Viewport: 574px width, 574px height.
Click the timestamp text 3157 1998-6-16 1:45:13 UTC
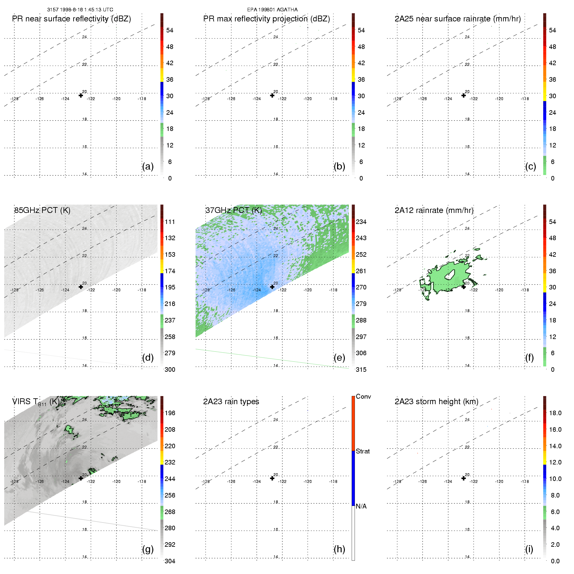[80, 10]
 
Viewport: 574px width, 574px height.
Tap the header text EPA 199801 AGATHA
[272, 10]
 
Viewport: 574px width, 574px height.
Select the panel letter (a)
[148, 167]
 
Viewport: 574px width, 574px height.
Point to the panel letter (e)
[339, 358]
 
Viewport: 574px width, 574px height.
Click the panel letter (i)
[529, 549]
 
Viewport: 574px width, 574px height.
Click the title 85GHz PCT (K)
[42, 210]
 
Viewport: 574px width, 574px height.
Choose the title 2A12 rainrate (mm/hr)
[434, 210]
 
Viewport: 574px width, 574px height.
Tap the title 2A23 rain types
[231, 402]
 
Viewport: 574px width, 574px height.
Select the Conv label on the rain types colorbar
[363, 397]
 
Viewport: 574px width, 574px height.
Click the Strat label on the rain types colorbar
[363, 451]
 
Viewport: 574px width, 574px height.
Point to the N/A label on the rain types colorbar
[361, 506]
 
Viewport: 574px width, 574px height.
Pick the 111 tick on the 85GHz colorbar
[170, 222]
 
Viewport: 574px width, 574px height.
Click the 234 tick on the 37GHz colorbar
[361, 222]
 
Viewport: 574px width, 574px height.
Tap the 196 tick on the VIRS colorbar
[170, 413]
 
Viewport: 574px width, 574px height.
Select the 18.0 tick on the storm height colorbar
[555, 413]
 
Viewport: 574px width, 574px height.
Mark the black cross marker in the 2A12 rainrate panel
[463, 287]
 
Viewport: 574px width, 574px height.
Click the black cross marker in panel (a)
[81, 95]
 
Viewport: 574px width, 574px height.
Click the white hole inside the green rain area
[449, 275]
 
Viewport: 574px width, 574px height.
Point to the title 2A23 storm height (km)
[436, 402]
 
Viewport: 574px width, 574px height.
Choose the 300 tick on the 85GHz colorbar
[170, 369]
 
